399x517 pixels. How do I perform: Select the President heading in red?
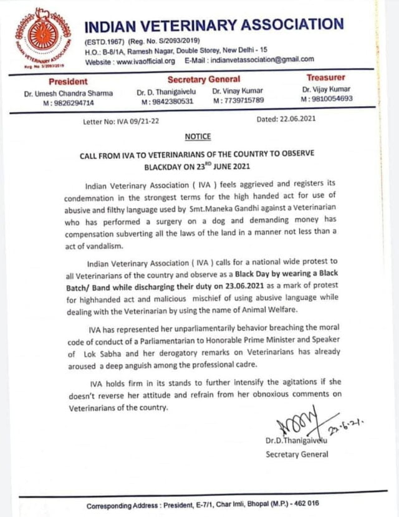(68, 81)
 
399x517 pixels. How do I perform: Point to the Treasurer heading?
(325, 78)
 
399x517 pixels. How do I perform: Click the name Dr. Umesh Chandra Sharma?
(68, 93)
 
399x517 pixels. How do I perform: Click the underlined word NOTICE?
(198, 137)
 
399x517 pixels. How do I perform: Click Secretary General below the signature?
(297, 454)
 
